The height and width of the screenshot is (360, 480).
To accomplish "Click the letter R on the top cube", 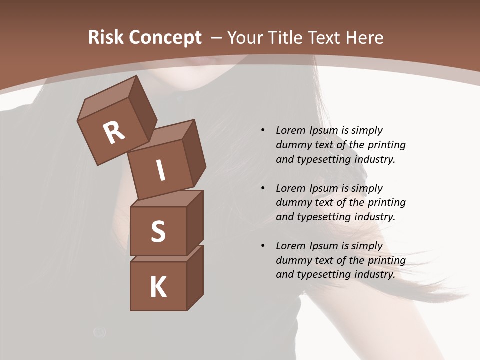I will [114, 133].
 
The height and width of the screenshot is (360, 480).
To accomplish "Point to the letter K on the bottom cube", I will [158, 287].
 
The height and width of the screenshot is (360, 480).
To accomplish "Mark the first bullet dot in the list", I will [263, 131].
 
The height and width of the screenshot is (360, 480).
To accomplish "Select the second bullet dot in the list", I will [263, 188].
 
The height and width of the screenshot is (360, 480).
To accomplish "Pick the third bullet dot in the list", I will [263, 246].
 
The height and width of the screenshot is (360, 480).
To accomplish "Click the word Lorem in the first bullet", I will [290, 130].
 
